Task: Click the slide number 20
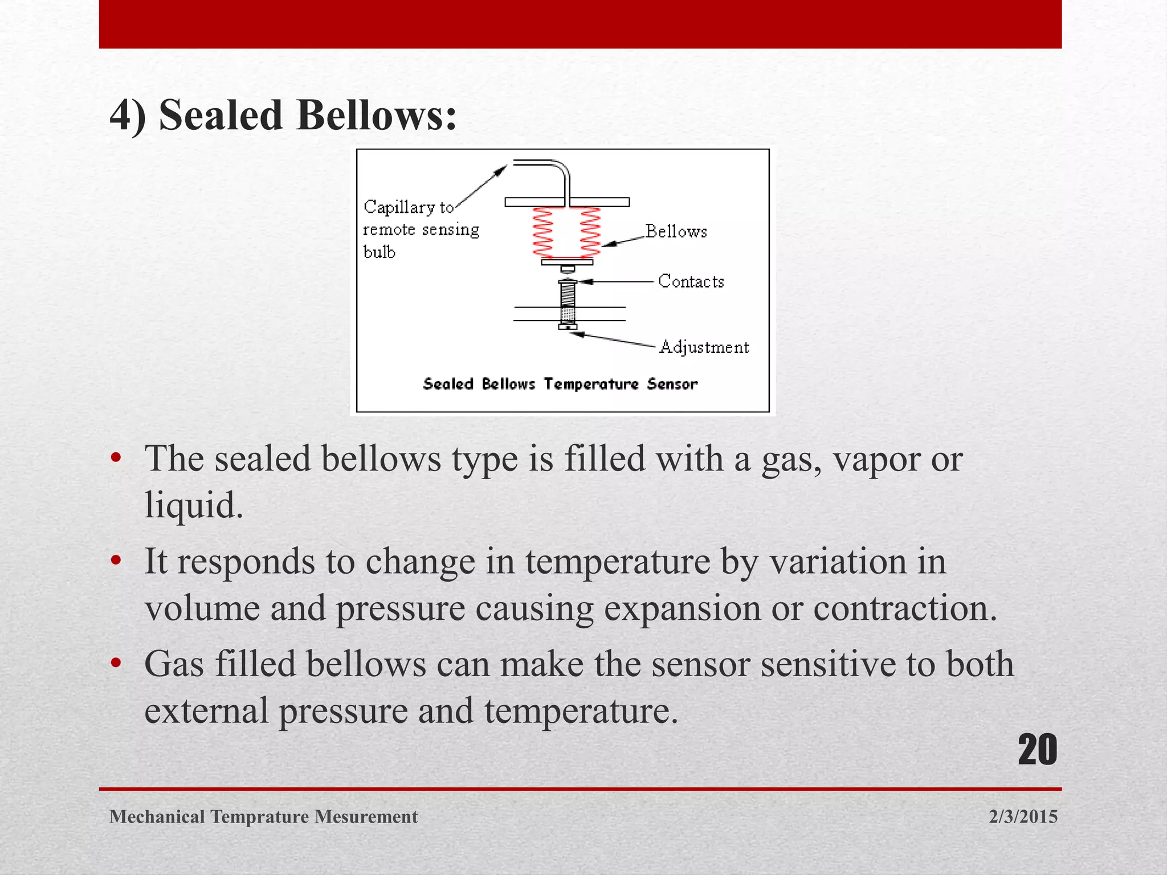(1037, 750)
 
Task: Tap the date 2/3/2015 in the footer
(1023, 816)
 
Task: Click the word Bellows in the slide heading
(376, 115)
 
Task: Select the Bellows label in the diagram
(676, 231)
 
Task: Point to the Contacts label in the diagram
(691, 281)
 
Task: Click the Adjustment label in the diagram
(704, 347)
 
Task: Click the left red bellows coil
(543, 232)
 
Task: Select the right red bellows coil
(590, 232)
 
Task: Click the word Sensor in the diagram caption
(672, 384)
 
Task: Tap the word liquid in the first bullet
(194, 505)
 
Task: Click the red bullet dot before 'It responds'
(116, 561)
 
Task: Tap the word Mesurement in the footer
(366, 816)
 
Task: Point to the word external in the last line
(206, 711)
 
